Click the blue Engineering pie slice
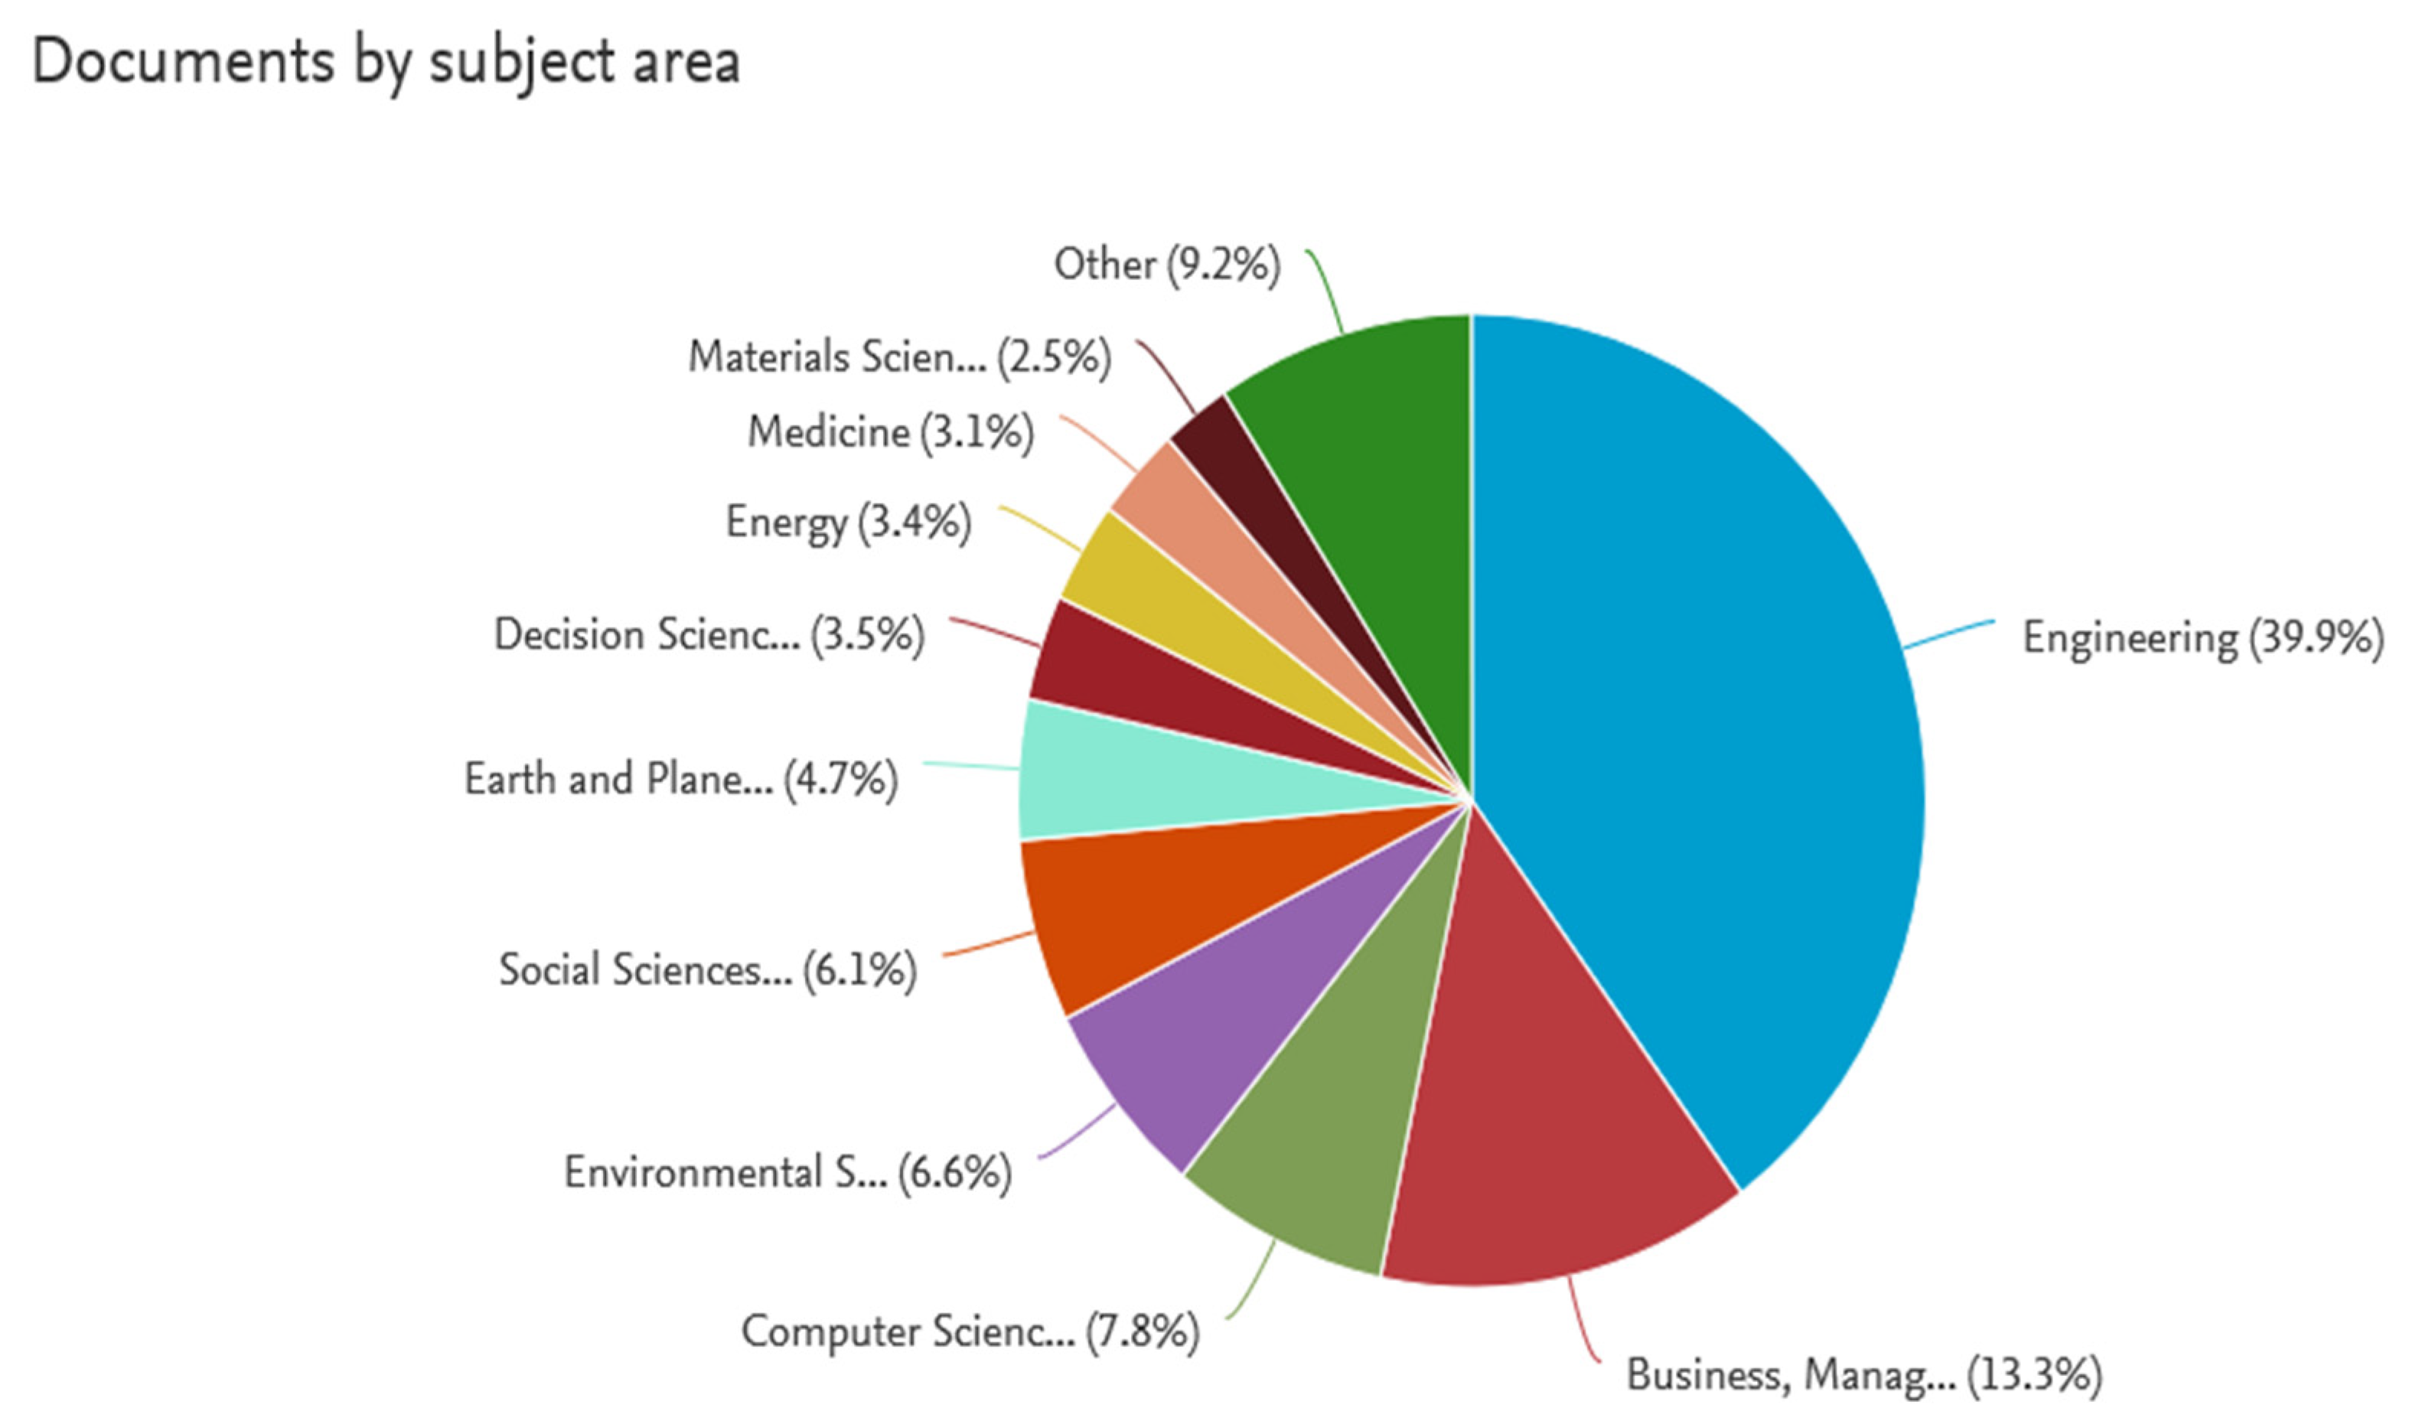[1704, 728]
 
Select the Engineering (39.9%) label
[2202, 637]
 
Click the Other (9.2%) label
[1166, 264]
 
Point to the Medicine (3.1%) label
[891, 432]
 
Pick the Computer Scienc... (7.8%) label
[970, 1331]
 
